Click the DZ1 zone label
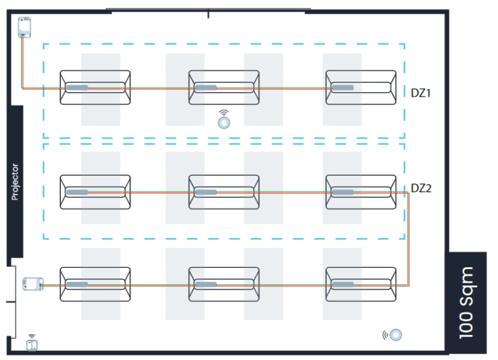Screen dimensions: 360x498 pos(421,92)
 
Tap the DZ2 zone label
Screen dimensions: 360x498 pos(421,189)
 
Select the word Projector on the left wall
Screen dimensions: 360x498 pos(16,182)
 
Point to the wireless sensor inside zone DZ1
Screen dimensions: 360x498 pos(224,120)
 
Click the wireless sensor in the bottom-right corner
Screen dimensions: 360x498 pos(394,335)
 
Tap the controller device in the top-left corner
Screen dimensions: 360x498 pos(25,27)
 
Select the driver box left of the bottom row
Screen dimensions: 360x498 pos(32,284)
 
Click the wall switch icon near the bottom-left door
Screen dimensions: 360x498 pos(32,342)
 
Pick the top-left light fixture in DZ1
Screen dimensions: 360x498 pos(95,88)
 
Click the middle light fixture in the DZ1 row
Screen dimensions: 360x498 pos(224,88)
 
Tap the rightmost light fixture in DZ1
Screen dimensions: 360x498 pos(361,88)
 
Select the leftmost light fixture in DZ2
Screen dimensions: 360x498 pos(95,191)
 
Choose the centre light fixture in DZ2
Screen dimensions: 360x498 pos(224,191)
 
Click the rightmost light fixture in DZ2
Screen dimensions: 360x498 pos(361,191)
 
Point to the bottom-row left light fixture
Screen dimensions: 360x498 pos(95,284)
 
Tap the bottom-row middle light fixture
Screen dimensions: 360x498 pos(224,284)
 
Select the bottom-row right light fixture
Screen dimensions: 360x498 pos(361,284)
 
